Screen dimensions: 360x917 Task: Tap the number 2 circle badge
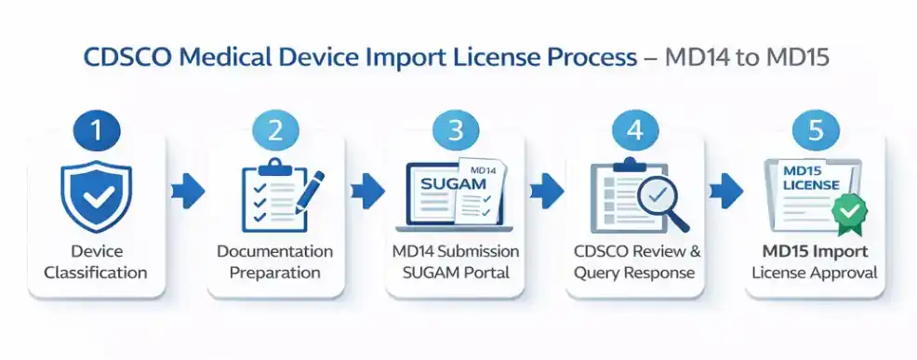tap(276, 130)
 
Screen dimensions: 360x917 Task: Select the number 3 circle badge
tap(456, 130)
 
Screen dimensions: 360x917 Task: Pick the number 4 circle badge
tap(635, 130)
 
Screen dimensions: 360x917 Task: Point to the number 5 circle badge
tap(816, 130)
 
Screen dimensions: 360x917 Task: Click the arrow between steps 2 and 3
tap(366, 193)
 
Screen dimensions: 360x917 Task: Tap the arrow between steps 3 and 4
tap(546, 193)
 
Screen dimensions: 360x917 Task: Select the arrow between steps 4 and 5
tap(725, 193)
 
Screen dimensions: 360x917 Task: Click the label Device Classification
tap(97, 262)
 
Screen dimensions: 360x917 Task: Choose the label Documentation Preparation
tap(275, 262)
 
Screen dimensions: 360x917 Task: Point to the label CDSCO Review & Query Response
tap(636, 262)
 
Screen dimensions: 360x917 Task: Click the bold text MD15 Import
tap(816, 252)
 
